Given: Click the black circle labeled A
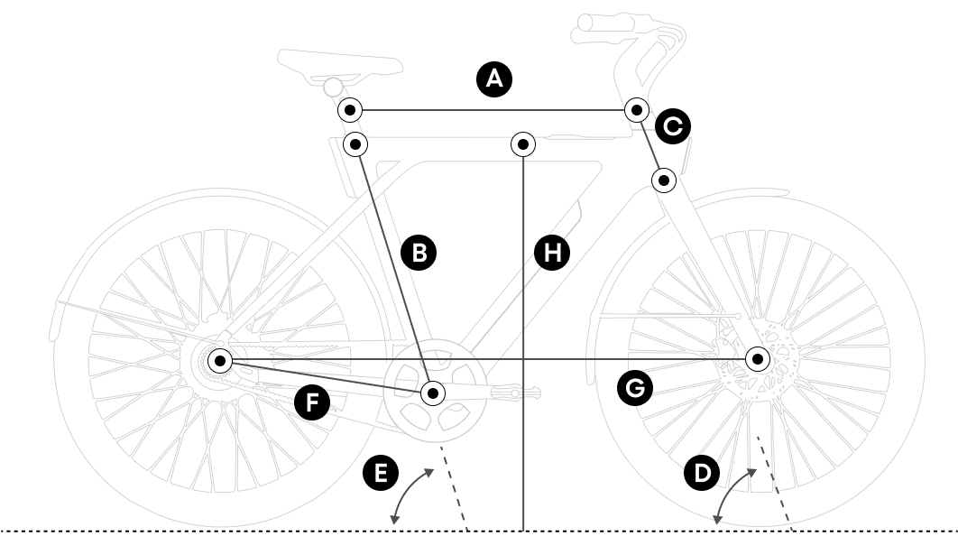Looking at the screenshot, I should (x=493, y=79).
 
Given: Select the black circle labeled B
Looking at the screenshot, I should (x=419, y=253).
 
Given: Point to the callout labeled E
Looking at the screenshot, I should (x=379, y=473).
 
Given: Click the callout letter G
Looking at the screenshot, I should (x=634, y=388).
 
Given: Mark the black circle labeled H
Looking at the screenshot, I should (x=552, y=253).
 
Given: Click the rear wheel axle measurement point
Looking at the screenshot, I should (x=220, y=361).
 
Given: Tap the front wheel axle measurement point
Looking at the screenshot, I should (x=758, y=359).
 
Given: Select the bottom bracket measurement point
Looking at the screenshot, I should (x=434, y=393).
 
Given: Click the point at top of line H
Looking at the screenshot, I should (x=523, y=143).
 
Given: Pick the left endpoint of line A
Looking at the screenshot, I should (x=350, y=110).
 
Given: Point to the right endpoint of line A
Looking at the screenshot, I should (x=637, y=110).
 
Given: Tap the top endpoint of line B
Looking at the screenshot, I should (x=356, y=143).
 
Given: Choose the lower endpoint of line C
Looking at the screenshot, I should (x=664, y=180).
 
